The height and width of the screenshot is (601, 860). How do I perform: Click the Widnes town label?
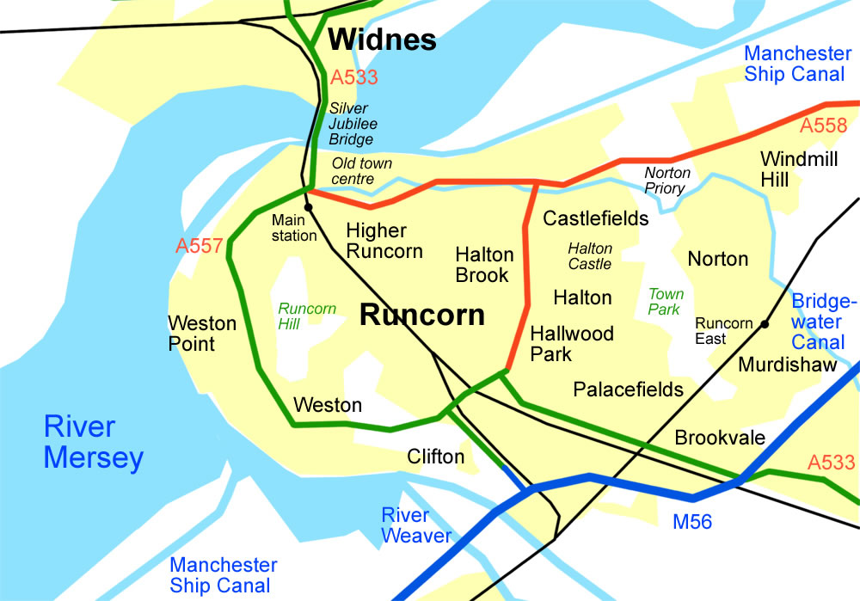(383, 40)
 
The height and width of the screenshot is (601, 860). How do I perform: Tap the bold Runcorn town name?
(421, 315)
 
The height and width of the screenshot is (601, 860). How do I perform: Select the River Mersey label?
(93, 442)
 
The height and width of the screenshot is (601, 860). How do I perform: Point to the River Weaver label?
(416, 525)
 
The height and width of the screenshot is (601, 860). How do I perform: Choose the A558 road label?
(824, 126)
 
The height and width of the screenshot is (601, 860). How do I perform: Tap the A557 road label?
(200, 246)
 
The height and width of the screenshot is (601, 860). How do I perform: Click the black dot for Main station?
(308, 207)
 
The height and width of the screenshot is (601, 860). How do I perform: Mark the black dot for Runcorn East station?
(763, 324)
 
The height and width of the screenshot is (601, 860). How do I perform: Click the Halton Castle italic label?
(590, 256)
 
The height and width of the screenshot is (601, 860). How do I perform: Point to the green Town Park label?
(666, 302)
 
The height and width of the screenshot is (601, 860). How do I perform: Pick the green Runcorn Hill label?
(306, 316)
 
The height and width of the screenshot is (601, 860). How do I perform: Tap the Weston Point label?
(202, 334)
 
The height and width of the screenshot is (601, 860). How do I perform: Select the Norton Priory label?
(667, 181)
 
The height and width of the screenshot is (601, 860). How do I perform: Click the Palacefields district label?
(628, 389)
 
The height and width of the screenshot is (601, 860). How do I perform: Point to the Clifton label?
(436, 457)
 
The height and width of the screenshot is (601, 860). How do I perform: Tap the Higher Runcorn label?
(384, 241)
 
